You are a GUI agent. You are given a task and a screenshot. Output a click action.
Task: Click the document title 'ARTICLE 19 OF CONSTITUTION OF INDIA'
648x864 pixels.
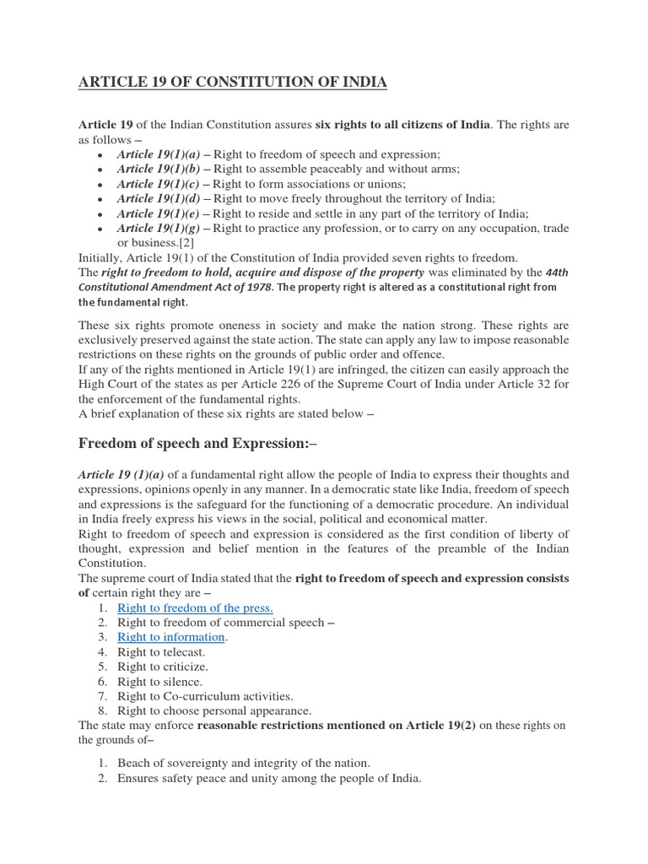click(x=232, y=82)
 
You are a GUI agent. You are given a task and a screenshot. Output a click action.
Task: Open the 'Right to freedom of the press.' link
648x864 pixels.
click(x=195, y=607)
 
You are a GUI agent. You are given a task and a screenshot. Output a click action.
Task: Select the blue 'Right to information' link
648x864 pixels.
click(x=170, y=637)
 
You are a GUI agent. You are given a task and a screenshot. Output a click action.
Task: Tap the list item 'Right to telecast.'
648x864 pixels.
click(x=161, y=652)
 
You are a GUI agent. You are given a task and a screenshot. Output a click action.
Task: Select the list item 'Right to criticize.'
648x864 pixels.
click(x=164, y=667)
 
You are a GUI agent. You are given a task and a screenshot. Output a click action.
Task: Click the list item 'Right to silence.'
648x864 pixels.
click(x=160, y=681)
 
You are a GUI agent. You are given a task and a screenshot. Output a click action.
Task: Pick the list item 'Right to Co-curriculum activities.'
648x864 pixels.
click(x=205, y=696)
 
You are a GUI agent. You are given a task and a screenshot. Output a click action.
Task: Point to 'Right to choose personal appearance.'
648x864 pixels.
click(x=214, y=710)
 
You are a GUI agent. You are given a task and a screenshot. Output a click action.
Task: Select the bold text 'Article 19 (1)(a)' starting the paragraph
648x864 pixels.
click(x=122, y=475)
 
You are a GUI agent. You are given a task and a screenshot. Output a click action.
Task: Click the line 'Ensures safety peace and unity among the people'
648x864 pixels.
click(x=269, y=778)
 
